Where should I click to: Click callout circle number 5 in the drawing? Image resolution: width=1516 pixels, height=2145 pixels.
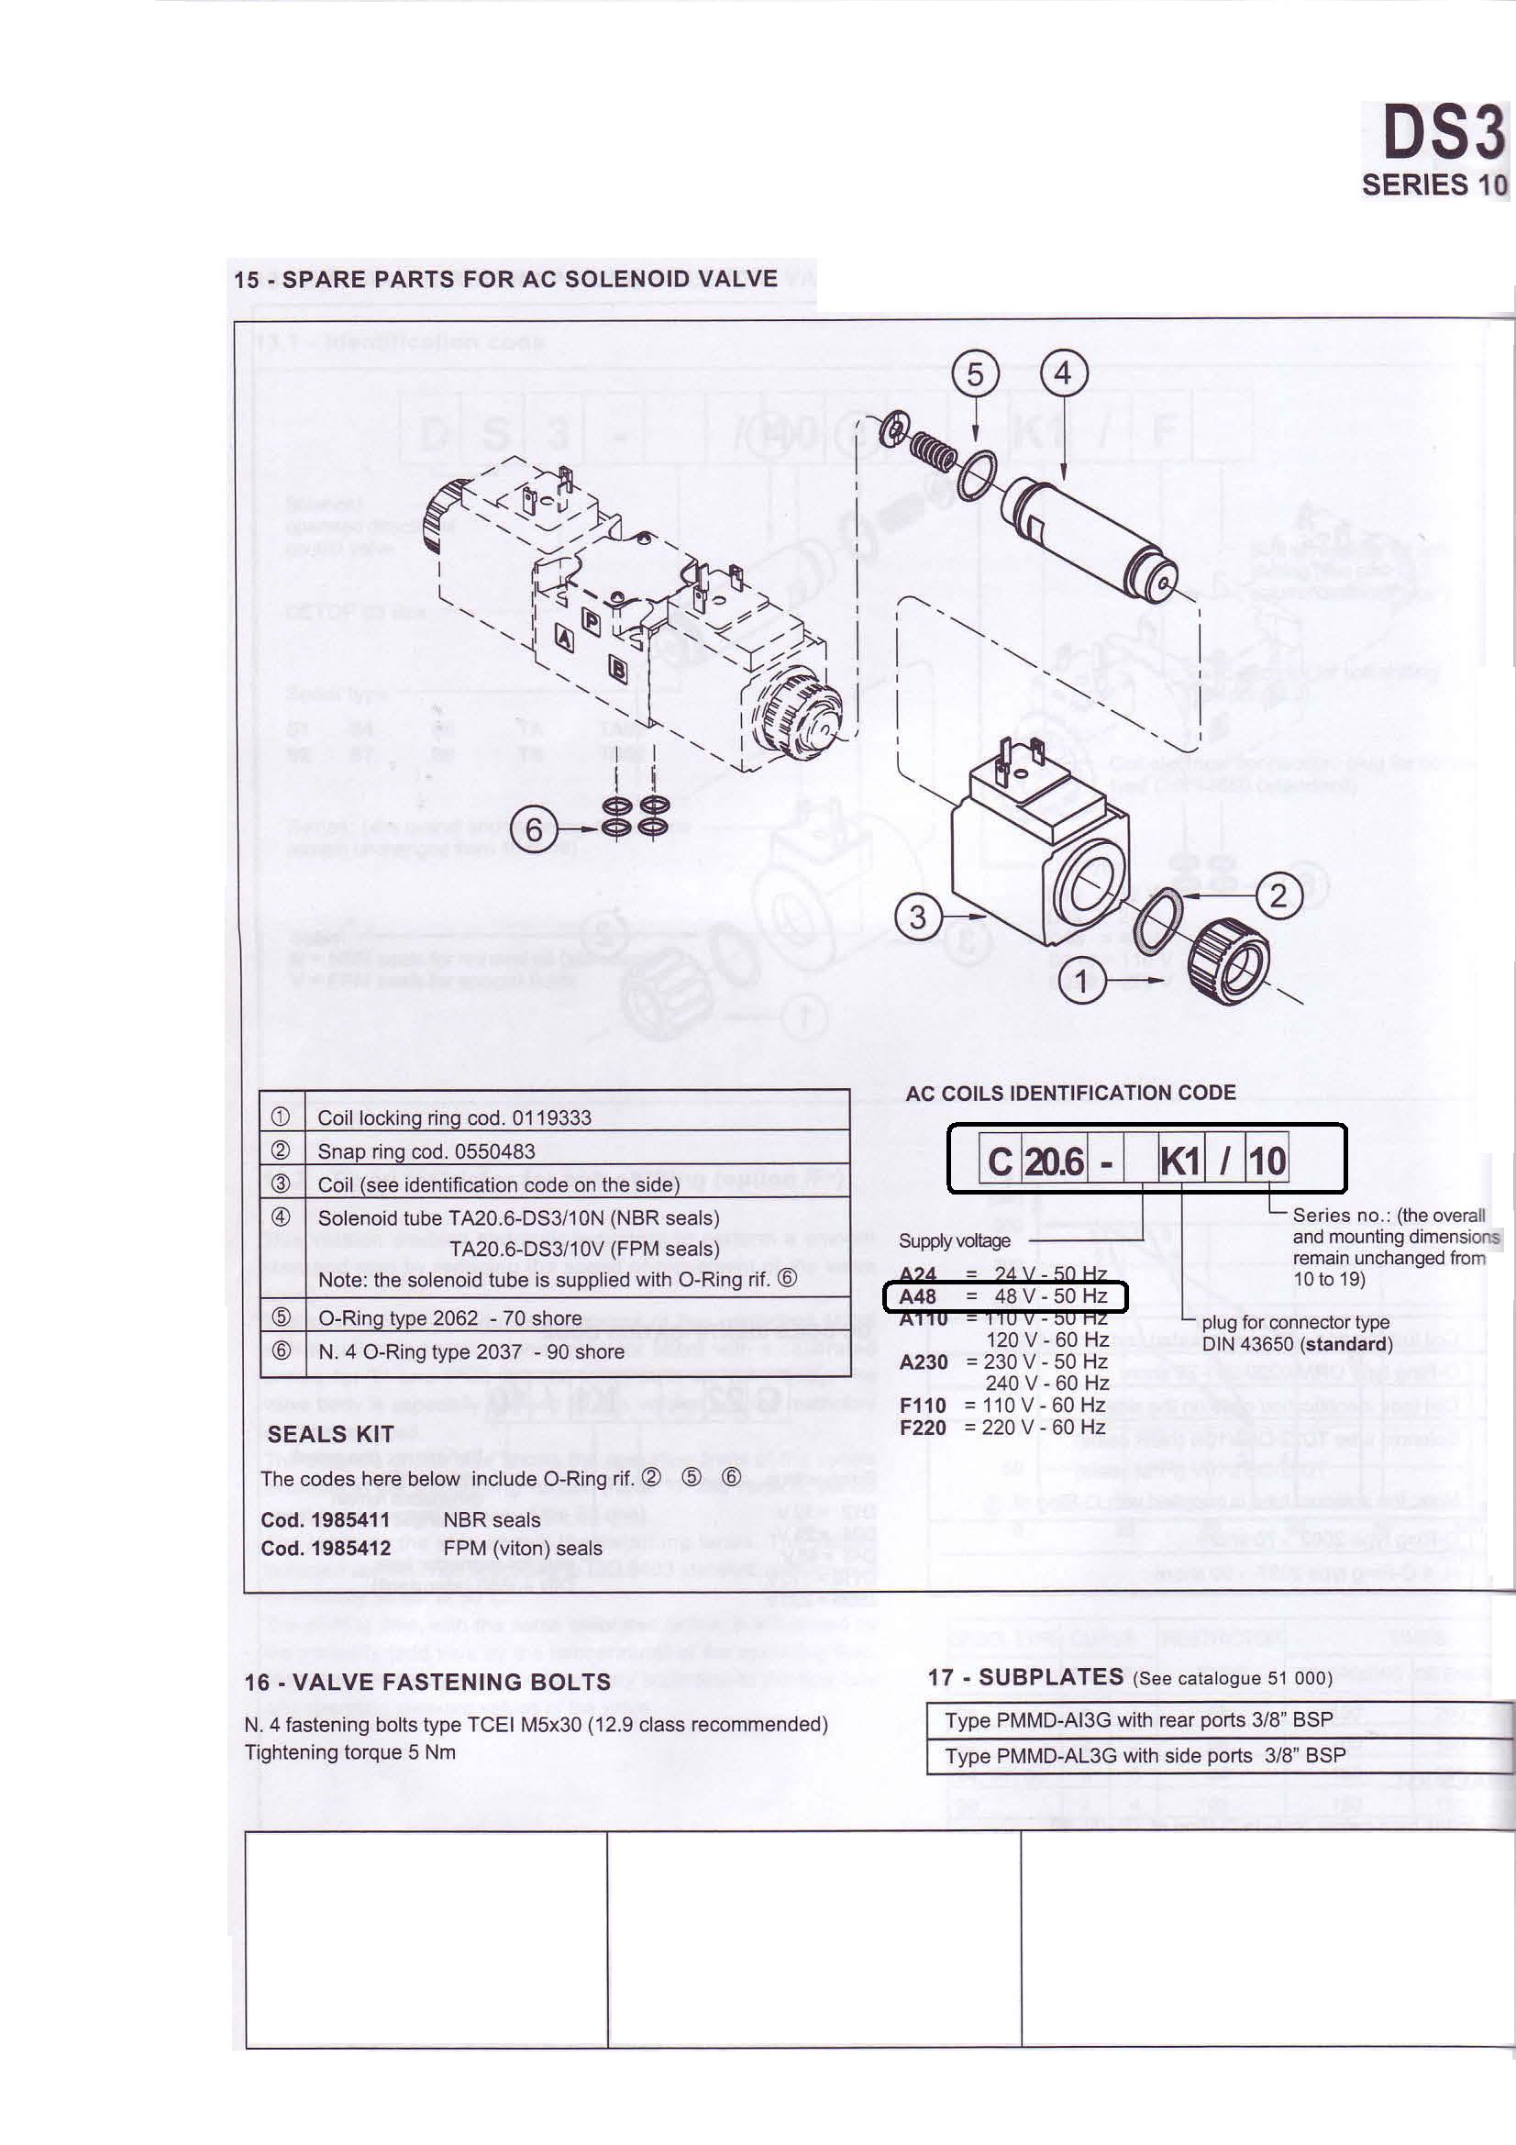974,375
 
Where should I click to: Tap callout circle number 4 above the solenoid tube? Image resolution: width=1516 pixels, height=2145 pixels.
1063,374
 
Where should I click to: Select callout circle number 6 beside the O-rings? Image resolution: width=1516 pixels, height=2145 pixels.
534,828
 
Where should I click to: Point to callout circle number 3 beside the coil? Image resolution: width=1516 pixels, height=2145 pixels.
917,917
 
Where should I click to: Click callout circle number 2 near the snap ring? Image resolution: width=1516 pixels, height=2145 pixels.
1278,896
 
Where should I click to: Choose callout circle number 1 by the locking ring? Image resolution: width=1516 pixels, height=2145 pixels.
1081,982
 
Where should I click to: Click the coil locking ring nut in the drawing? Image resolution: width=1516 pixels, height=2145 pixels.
1227,961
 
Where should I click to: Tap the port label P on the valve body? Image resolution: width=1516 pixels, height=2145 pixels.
592,620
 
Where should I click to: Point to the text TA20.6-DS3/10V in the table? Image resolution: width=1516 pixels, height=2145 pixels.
583,1249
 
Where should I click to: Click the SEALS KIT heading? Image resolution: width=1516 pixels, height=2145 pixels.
330,1434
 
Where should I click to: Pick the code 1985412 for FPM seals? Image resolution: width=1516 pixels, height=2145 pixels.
325,1548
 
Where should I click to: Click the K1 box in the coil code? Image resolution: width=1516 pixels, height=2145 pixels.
1179,1161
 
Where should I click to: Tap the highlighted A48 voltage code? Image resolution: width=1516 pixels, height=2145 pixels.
917,1296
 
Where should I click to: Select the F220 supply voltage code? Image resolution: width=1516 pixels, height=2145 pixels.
922,1428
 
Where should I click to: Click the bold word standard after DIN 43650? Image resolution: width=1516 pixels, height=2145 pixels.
1344,1344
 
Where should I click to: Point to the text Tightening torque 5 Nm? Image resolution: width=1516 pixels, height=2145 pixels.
350,1751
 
